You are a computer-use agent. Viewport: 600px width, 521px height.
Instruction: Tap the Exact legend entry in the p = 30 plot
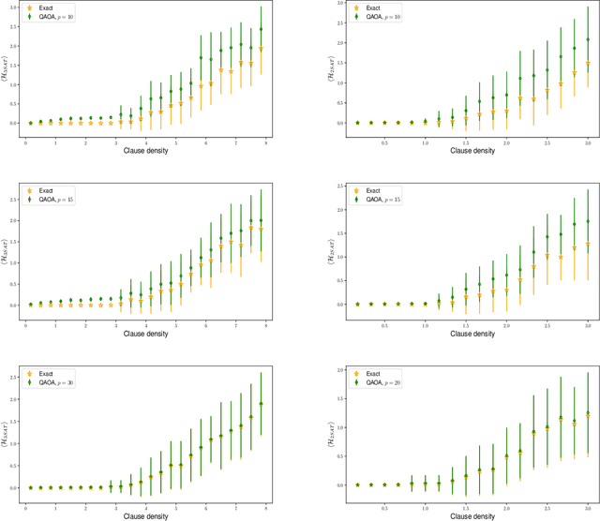[46, 373]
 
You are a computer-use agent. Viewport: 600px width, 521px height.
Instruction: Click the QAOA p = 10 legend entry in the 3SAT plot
[56, 17]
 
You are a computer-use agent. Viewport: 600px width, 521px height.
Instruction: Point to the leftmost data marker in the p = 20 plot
[357, 484]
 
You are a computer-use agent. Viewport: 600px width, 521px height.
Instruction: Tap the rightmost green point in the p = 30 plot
[261, 404]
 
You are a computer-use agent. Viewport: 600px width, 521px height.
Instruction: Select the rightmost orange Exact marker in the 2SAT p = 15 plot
[588, 246]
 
